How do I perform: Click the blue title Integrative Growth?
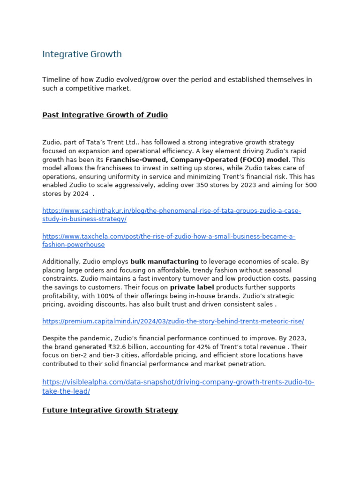pos(82,54)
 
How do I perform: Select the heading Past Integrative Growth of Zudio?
pos(105,115)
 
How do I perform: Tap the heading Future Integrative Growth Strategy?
pos(110,410)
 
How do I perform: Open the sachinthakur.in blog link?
pos(171,211)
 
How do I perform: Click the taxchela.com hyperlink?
pos(168,237)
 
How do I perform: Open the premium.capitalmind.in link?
pos(172,322)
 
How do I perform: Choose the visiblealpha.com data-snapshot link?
pos(178,382)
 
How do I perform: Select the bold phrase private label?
pos(192,287)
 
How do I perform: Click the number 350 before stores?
pos(200,185)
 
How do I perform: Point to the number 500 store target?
pos(311,185)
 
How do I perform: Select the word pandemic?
pos(96,338)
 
